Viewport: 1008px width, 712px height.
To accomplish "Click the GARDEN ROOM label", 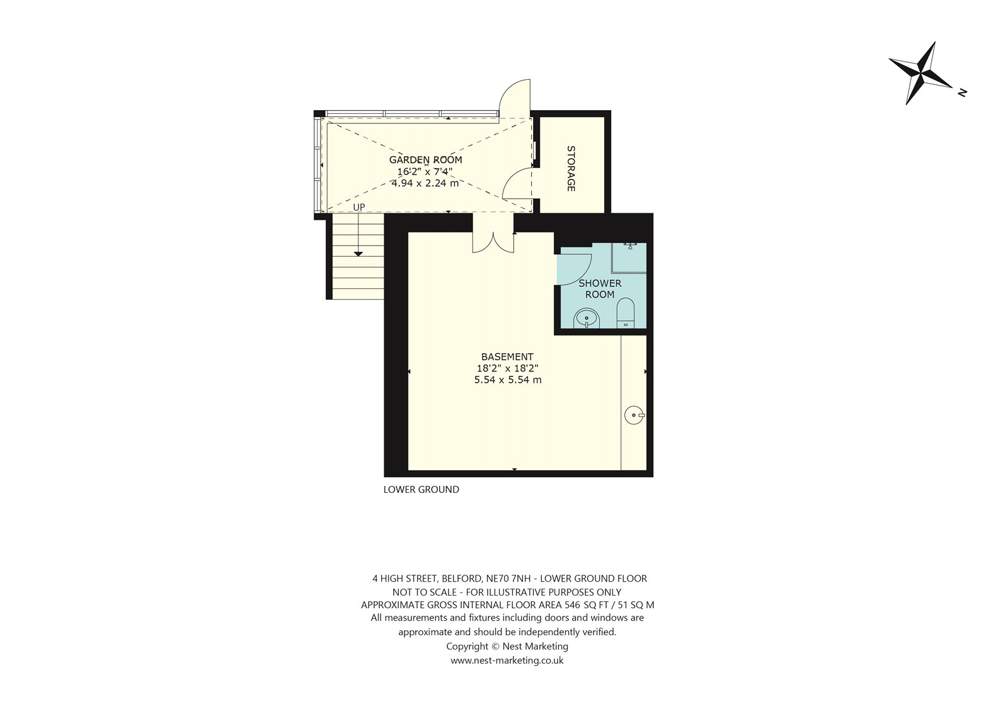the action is coord(425,160).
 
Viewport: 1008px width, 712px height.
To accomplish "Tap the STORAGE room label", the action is coord(571,169).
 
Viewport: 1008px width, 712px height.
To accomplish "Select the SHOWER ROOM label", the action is coord(600,289).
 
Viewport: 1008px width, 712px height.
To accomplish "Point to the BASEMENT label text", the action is coord(507,357).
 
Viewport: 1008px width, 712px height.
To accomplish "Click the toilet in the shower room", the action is coord(626,313).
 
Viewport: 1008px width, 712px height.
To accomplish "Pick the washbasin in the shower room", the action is coord(587,319).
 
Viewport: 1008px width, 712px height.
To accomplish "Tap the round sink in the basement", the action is coord(634,415).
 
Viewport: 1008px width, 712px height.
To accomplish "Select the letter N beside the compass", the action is coord(962,93).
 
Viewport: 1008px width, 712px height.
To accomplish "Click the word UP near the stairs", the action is coord(358,207).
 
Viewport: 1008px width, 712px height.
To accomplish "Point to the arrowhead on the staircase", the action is coord(358,254).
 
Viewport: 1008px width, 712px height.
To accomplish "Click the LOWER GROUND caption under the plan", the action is coord(421,489).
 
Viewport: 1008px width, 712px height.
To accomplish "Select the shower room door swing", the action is coord(574,269).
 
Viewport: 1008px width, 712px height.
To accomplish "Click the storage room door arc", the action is coord(517,184).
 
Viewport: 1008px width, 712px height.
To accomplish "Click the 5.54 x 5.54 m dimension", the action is coord(508,380).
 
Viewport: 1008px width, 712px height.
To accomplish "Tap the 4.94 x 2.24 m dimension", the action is coord(425,183).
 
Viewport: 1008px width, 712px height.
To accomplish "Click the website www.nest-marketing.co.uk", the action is coord(507,660).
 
